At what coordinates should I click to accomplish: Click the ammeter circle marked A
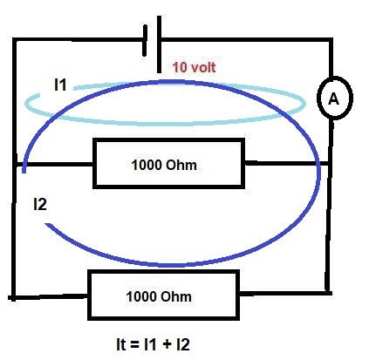pyautogui.click(x=318, y=98)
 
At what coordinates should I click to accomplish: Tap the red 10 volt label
pyautogui.click(x=194, y=67)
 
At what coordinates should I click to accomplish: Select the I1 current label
pyautogui.click(x=60, y=85)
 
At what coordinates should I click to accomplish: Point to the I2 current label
pyautogui.click(x=40, y=204)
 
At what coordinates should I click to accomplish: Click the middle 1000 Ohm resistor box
pyautogui.click(x=168, y=140)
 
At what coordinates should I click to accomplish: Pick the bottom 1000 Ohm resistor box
pyautogui.click(x=163, y=272)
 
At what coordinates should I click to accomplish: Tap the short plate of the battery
pyautogui.click(x=145, y=40)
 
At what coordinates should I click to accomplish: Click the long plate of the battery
pyautogui.click(x=159, y=44)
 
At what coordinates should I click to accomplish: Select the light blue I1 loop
pyautogui.click(x=166, y=124)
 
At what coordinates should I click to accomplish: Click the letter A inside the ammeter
pyautogui.click(x=333, y=99)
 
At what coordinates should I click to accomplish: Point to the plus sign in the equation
pyautogui.click(x=167, y=344)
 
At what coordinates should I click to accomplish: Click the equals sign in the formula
pyautogui.click(x=134, y=345)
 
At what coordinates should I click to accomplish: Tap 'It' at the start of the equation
pyautogui.click(x=120, y=344)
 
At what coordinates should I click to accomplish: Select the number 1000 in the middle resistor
pyautogui.click(x=147, y=165)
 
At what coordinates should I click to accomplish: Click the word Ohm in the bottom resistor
pyautogui.click(x=176, y=296)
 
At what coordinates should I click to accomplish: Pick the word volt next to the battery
pyautogui.click(x=202, y=67)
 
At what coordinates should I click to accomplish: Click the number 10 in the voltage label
pyautogui.click(x=180, y=67)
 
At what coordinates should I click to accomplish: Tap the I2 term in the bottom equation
pyautogui.click(x=183, y=344)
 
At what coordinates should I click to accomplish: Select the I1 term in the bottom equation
pyautogui.click(x=151, y=344)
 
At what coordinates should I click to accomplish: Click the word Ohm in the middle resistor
pyautogui.click(x=181, y=165)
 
